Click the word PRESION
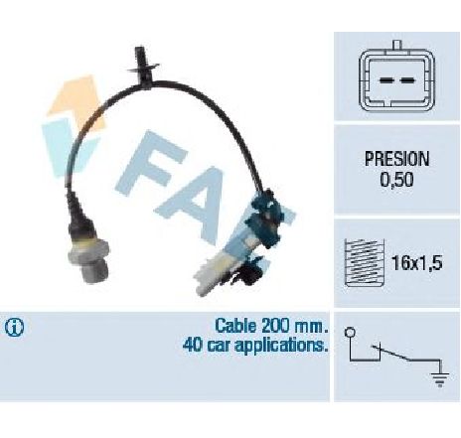396,159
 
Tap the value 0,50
396,180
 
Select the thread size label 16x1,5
416,263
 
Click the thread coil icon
365,262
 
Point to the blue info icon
14,328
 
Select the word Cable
235,326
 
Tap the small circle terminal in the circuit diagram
350,332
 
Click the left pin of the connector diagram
385,79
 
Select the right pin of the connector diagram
407,79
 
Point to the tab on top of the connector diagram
397,45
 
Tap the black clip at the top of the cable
142,67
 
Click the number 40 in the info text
191,345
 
